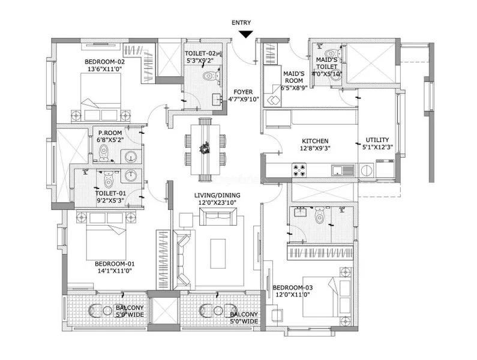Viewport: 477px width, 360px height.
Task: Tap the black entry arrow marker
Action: click(x=245, y=35)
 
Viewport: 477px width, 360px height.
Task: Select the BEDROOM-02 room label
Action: click(x=104, y=61)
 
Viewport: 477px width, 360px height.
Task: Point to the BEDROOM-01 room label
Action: click(x=115, y=263)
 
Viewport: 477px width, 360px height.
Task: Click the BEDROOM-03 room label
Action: click(x=292, y=287)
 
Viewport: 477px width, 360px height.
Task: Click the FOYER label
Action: click(x=242, y=92)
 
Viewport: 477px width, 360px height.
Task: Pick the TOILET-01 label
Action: click(x=110, y=193)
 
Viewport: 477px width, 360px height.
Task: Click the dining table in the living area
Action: click(x=205, y=149)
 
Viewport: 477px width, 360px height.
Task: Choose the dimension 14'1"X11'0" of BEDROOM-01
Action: click(x=115, y=271)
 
